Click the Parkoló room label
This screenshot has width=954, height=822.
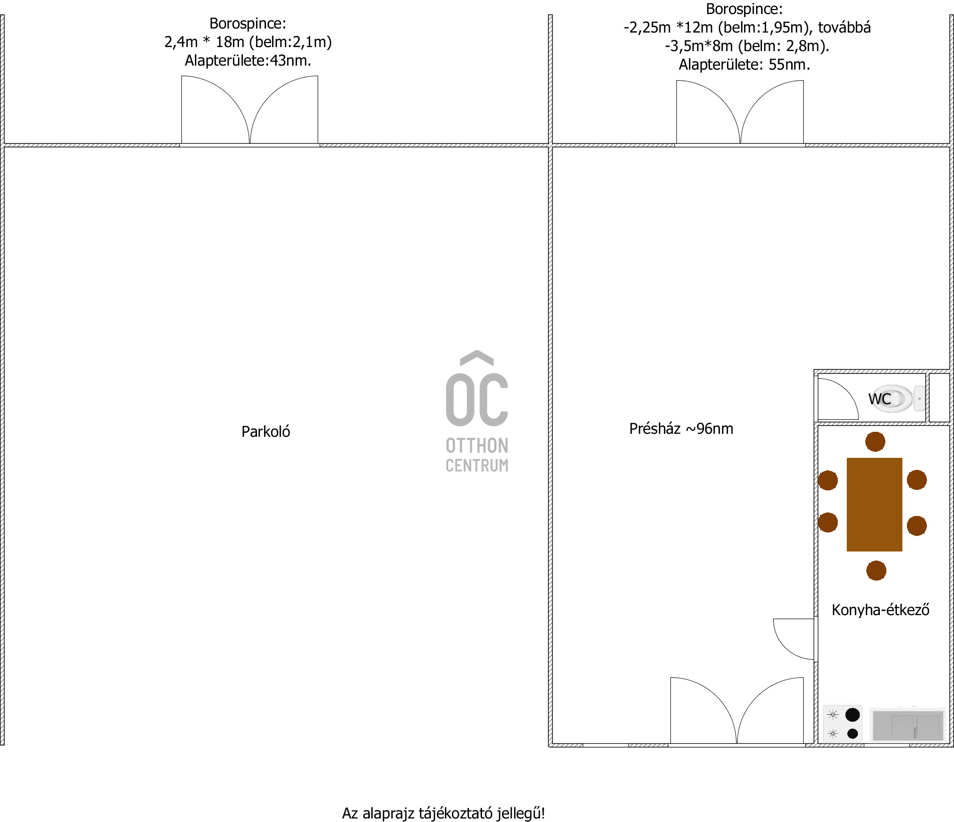[266, 432]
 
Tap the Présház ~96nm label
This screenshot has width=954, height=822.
[681, 429]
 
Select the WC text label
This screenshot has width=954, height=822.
[879, 399]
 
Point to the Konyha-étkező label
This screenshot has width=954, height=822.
[880, 610]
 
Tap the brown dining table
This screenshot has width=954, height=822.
[874, 504]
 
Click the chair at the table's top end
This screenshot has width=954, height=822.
[875, 442]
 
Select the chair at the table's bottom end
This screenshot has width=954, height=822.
[876, 571]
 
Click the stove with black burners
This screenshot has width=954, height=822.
[843, 724]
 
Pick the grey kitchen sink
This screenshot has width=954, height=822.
[907, 725]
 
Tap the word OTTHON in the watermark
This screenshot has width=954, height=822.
[477, 445]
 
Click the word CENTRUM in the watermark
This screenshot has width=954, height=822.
[477, 465]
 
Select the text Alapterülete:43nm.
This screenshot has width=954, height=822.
[248, 61]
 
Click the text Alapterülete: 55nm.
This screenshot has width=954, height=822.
[745, 65]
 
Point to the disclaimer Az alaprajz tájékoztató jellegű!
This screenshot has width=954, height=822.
[443, 813]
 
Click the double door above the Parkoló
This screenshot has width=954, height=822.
[250, 110]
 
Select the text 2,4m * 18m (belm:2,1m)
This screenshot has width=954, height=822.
[248, 42]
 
